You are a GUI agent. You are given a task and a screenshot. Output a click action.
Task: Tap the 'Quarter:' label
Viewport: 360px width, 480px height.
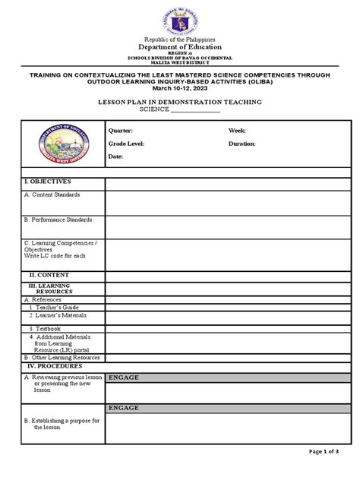[x=122, y=131]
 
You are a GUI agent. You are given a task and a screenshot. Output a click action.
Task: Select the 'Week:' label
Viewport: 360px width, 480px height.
[x=237, y=131]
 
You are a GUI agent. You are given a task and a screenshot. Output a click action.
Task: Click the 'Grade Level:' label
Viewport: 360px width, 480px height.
[x=126, y=143]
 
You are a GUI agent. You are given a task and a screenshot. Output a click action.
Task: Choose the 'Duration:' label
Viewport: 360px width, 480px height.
[x=242, y=143]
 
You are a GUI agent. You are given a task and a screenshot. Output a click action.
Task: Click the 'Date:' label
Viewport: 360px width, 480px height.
[x=115, y=156]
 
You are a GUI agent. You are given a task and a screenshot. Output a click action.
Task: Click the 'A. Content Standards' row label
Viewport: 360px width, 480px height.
[x=52, y=195]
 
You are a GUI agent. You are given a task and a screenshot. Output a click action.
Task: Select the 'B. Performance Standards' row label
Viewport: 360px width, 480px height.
[x=58, y=219]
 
